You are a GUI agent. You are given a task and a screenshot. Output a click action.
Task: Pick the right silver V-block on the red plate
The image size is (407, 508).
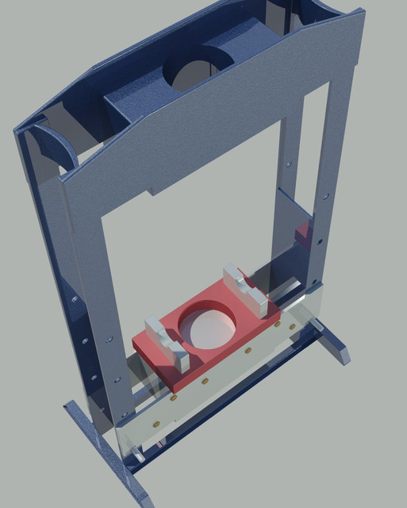point(249,289)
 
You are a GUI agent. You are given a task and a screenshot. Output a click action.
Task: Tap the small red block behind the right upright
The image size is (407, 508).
point(302,233)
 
